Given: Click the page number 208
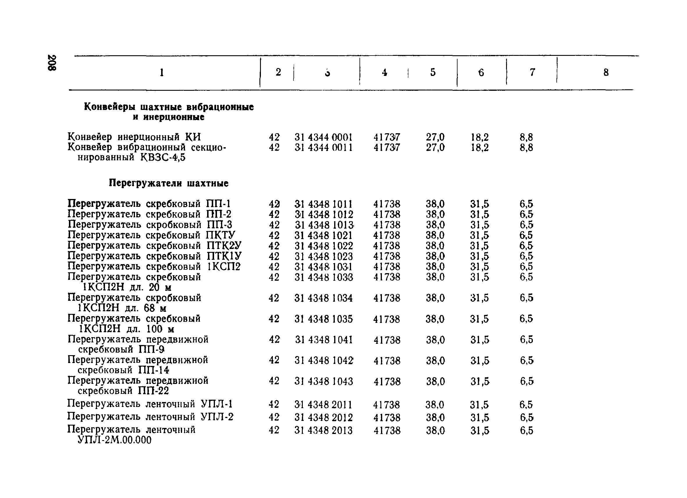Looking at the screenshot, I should click(51, 63).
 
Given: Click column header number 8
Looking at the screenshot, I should click(606, 72).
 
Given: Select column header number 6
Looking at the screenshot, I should click(481, 72).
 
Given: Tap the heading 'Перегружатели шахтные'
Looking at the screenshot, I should click(168, 183).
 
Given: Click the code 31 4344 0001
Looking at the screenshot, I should click(323, 138).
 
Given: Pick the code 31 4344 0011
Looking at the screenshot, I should click(323, 148).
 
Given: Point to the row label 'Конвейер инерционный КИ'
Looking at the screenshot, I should click(134, 137).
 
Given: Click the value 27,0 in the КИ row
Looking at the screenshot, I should click(435, 138).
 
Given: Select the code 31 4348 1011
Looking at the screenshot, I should click(323, 204).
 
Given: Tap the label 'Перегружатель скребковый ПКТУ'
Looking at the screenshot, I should click(151, 235).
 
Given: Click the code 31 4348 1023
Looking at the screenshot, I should click(323, 257).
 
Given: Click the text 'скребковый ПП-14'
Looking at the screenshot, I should click(123, 370).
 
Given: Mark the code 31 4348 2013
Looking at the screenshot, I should click(323, 431).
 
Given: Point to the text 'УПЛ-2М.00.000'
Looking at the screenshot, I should click(115, 440).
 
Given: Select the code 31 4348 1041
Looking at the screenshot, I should click(323, 340).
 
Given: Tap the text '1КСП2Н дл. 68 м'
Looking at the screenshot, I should click(122, 308).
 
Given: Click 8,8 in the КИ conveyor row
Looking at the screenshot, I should click(526, 138).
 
